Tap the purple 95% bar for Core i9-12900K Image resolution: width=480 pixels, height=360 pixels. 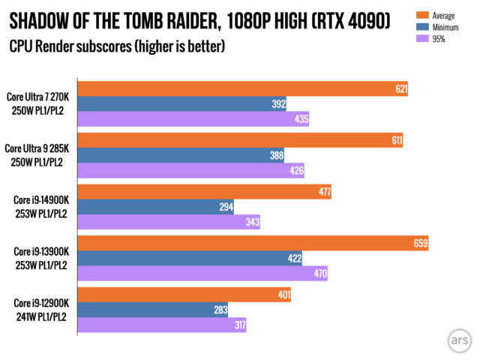point(162,325)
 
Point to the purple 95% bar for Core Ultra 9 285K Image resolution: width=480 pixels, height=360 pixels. point(192,170)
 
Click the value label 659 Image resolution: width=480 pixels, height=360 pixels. point(419,244)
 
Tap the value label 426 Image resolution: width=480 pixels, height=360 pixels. point(296,170)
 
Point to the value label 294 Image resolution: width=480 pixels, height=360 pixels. point(226,207)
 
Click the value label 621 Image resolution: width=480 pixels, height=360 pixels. point(400,88)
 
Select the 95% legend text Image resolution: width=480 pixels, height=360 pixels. point(439,38)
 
